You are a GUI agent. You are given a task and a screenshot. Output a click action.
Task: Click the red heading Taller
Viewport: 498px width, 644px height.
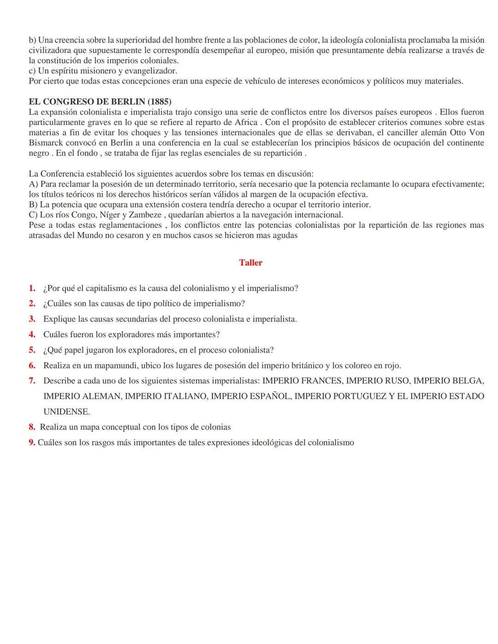click(250, 263)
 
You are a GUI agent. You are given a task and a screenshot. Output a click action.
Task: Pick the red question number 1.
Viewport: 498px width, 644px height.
click(32, 289)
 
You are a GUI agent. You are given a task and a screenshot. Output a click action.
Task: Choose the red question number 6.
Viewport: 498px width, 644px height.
click(32, 366)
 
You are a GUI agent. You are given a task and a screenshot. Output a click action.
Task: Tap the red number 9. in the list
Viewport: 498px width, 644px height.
click(32, 443)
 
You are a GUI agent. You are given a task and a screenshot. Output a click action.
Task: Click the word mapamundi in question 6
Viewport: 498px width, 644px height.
click(115, 366)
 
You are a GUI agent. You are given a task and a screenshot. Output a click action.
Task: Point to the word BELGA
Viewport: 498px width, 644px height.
click(468, 381)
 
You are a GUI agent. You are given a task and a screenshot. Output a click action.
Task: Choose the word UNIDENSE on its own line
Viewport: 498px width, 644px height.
click(66, 412)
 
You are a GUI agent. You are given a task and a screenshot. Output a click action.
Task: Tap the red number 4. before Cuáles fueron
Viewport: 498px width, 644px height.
click(32, 335)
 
